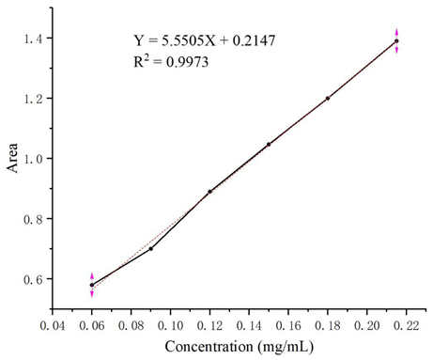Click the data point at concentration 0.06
(92, 285)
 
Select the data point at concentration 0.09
(150, 248)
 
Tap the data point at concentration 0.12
(209, 191)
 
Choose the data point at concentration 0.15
(269, 144)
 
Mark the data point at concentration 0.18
(328, 98)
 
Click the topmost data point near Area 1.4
(396, 41)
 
